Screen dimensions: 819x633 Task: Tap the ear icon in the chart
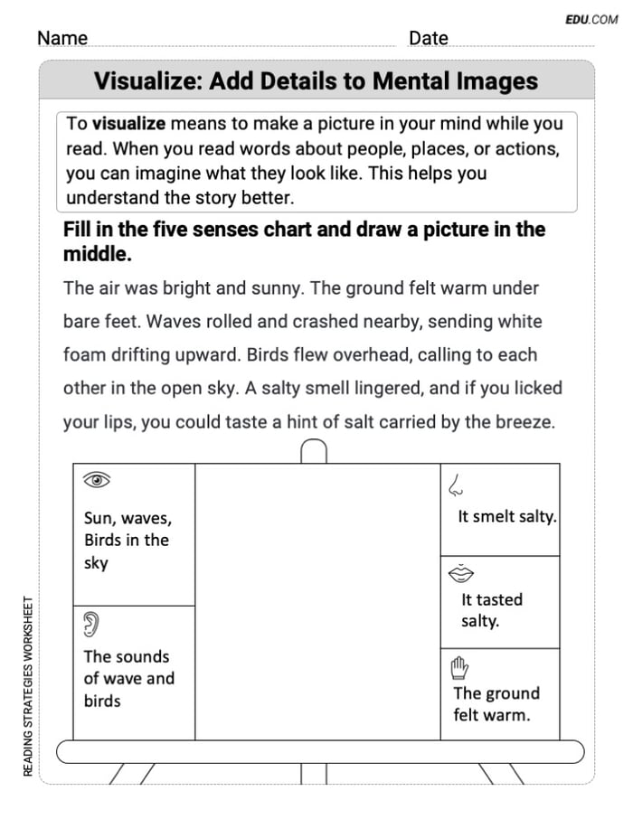(91, 622)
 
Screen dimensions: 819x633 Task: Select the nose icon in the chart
(456, 486)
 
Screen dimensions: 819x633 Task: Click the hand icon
(459, 668)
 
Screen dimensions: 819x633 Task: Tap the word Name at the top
(62, 38)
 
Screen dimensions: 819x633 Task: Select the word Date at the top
(428, 38)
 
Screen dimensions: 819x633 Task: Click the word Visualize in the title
(147, 81)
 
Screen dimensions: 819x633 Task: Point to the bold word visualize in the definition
(128, 124)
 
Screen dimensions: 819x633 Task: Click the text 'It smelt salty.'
(506, 517)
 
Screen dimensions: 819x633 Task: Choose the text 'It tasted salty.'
(492, 610)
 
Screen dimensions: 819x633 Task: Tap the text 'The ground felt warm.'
(496, 704)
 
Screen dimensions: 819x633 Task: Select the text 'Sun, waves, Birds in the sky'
(127, 541)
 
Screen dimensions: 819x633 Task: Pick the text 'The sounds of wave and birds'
(128, 678)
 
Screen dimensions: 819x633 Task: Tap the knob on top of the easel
(313, 450)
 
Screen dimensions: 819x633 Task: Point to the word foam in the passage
(84, 354)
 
